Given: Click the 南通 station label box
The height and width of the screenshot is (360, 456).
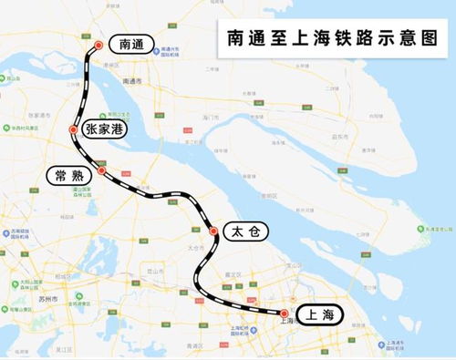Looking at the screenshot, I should click(126, 44).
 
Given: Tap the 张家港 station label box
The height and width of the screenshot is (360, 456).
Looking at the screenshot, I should click(103, 130).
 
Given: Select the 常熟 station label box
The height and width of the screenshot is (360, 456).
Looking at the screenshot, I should click(70, 175).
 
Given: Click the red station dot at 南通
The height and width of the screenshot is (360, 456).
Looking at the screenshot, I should click(99, 42).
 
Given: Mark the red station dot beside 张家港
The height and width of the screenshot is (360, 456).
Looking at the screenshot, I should click(73, 131).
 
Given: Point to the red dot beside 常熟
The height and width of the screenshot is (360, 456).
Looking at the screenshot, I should click(103, 170).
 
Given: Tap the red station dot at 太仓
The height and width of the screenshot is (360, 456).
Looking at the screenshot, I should click(214, 232).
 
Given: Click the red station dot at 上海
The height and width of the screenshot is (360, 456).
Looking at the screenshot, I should click(284, 313).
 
